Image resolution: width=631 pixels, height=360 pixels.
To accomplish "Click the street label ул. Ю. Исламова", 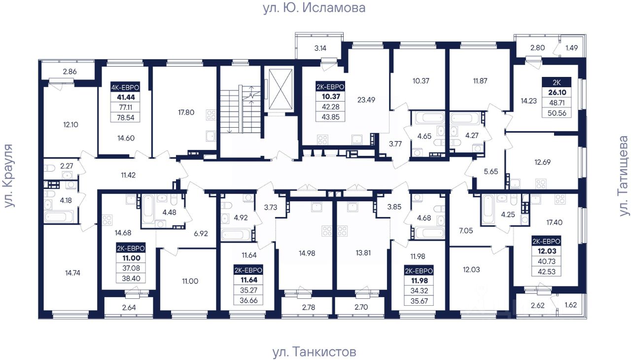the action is point(314,8).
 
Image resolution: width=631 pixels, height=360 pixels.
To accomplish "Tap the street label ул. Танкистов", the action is point(314,352).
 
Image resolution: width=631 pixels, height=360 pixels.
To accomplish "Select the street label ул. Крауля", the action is point(9,176).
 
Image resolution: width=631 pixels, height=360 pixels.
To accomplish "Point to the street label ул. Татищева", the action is point(624,176).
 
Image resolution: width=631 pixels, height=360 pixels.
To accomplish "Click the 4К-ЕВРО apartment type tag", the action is point(125,87).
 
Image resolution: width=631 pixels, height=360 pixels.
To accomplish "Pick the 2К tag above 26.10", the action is point(557,82).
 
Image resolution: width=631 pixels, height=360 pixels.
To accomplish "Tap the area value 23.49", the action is point(366,100).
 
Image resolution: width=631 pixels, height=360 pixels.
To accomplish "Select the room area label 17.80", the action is point(186,112).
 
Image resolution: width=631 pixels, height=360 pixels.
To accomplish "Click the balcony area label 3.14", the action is point(320,48).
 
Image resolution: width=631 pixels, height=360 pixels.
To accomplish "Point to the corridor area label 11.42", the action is point(128,175).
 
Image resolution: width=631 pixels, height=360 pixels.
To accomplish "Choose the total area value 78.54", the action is point(125,117).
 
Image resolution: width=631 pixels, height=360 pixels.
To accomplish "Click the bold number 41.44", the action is point(126,97).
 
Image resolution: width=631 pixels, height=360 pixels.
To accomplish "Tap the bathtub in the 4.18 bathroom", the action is point(59,217).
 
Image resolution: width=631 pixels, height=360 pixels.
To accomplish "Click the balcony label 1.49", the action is point(571,48).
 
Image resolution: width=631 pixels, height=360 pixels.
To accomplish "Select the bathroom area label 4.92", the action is point(241,218).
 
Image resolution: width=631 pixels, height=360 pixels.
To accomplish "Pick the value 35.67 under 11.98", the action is point(419,301).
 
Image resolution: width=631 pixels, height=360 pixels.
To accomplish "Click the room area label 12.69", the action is point(542,162).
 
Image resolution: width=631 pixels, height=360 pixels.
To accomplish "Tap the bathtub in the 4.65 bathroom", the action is point(427,118).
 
